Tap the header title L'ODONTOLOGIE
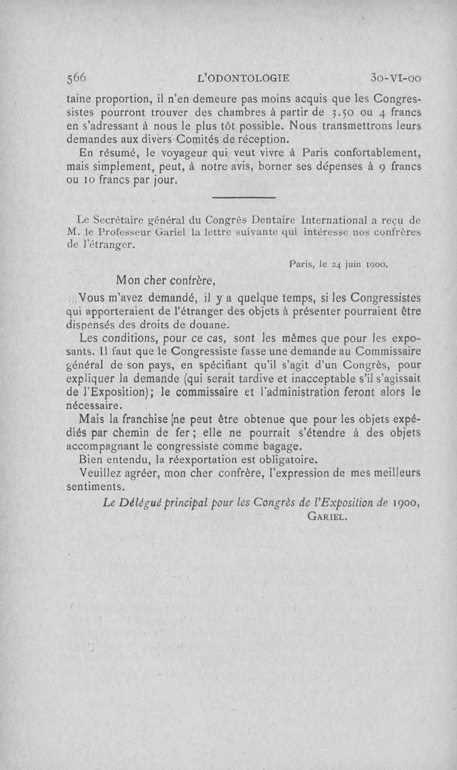coord(242,78)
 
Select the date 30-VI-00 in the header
coord(395,78)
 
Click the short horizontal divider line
coord(243,197)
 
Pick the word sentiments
coord(95,487)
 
